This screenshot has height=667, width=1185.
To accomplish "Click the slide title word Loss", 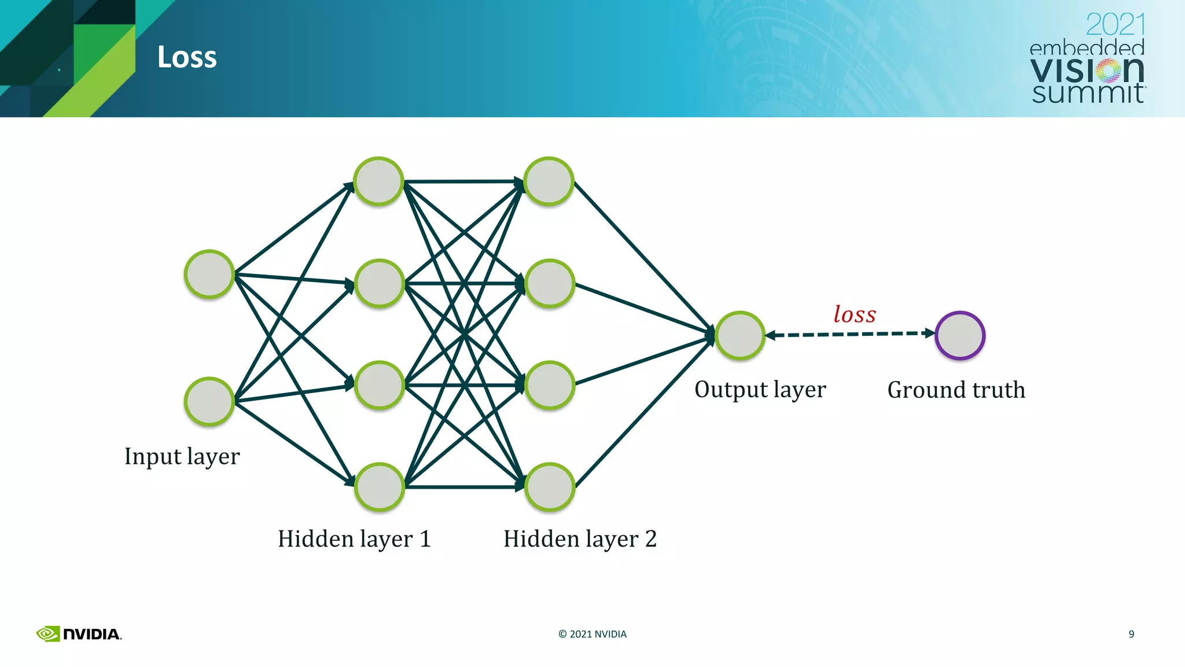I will click(x=187, y=57).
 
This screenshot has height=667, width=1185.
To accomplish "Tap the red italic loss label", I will click(x=855, y=314).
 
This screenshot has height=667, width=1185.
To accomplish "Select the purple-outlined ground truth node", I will click(x=960, y=336).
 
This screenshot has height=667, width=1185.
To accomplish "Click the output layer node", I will click(x=740, y=336).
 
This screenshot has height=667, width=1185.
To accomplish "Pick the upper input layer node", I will click(x=209, y=274).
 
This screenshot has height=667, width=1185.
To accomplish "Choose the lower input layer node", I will click(x=209, y=401).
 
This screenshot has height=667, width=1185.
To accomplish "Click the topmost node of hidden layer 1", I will click(x=379, y=181).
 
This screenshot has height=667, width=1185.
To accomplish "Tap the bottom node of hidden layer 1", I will click(x=380, y=487).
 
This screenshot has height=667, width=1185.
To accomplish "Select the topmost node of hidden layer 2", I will click(x=549, y=181).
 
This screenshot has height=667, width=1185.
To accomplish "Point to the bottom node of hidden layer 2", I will click(x=550, y=487).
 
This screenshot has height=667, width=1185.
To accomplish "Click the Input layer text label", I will click(x=182, y=456).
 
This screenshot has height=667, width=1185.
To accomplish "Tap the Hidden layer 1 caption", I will click(x=354, y=539).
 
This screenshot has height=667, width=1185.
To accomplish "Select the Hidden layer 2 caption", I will click(x=580, y=539).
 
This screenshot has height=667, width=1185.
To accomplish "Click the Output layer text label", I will click(x=760, y=390).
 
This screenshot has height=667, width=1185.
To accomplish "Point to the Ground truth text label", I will click(x=956, y=390).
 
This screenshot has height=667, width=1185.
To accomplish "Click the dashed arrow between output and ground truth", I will click(x=849, y=334).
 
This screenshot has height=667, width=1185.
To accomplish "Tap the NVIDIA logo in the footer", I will click(x=79, y=634).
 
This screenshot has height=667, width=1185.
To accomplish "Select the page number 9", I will click(x=1131, y=634).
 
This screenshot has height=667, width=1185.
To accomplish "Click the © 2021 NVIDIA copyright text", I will click(x=592, y=634).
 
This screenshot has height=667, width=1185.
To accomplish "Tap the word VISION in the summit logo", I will click(x=1087, y=71).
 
